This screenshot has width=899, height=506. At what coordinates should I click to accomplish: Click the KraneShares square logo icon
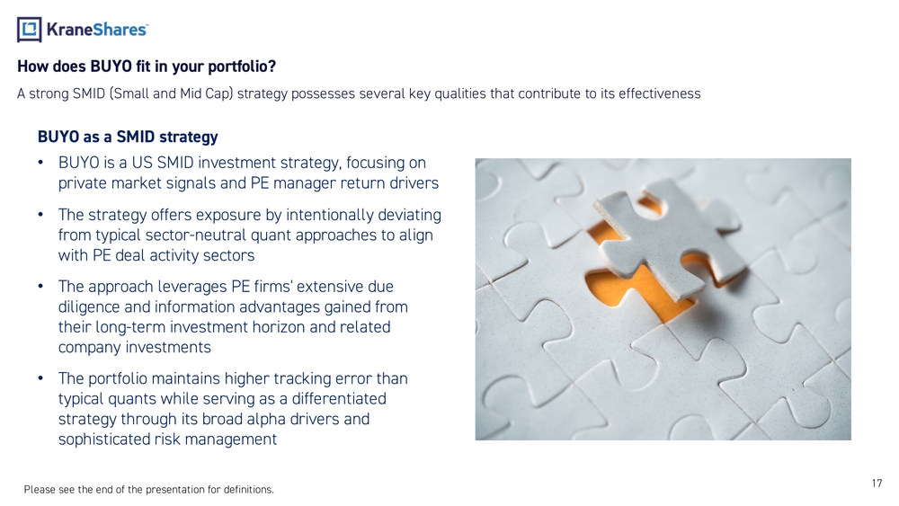pyautogui.click(x=30, y=30)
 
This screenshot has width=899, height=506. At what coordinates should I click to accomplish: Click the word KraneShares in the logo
pyautogui.click(x=97, y=30)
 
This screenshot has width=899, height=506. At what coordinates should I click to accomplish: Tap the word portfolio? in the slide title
pyautogui.click(x=242, y=67)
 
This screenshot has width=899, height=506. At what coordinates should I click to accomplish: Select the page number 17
pyautogui.click(x=877, y=483)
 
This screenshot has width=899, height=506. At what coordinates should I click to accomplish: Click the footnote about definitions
pyautogui.click(x=149, y=490)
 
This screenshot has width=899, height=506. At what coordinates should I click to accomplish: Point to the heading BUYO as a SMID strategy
pyautogui.click(x=128, y=137)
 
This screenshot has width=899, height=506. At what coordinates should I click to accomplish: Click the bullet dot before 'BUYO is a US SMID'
pyautogui.click(x=40, y=163)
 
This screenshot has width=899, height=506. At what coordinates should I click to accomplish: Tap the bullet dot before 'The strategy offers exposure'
pyautogui.click(x=40, y=215)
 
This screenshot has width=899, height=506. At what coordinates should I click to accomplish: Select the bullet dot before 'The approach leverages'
pyautogui.click(x=40, y=287)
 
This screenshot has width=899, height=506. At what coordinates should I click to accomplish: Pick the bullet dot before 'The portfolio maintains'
pyautogui.click(x=40, y=378)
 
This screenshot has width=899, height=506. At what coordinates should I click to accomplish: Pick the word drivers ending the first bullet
pyautogui.click(x=414, y=183)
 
